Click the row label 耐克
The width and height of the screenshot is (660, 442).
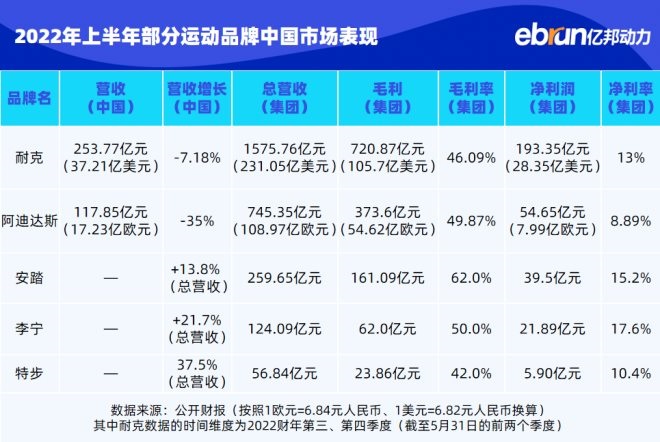[29, 158]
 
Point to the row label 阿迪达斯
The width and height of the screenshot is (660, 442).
[29, 219]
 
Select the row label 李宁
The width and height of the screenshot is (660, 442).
[29, 325]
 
